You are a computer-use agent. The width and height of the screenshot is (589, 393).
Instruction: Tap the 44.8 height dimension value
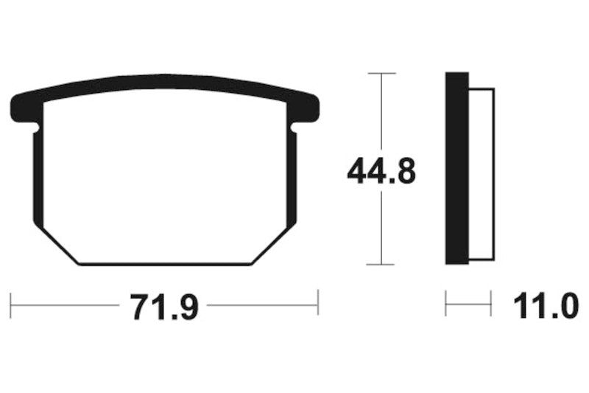click(x=381, y=173)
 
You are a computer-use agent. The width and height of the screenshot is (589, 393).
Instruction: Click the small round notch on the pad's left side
click(x=38, y=131)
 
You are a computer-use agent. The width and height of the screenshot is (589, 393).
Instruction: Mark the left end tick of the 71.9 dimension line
click(x=11, y=302)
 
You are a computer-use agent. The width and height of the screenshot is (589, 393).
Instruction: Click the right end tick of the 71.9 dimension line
click(x=318, y=302)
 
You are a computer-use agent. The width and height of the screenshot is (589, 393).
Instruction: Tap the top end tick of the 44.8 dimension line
click(x=381, y=74)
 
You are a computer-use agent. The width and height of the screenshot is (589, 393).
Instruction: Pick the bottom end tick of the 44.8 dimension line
click(x=381, y=264)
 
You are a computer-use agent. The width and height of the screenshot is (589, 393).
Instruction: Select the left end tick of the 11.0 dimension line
click(x=446, y=303)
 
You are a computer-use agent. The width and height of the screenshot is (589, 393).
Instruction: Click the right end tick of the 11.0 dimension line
click(x=491, y=303)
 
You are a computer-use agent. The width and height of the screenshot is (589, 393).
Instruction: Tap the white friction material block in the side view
click(x=481, y=174)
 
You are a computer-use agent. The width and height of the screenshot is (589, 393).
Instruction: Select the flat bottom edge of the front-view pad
click(x=166, y=263)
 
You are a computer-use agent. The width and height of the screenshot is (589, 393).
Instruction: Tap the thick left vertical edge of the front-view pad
click(x=38, y=177)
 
